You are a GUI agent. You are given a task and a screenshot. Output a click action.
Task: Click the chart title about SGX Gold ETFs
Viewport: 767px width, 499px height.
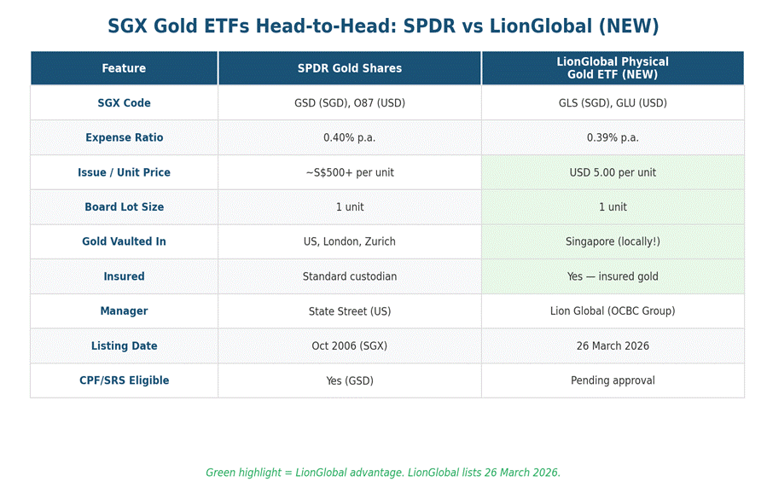[x=383, y=26]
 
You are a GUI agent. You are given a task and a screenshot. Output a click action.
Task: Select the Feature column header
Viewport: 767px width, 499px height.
[x=124, y=68]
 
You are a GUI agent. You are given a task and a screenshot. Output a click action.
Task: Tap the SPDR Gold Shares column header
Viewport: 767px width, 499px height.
[x=349, y=68]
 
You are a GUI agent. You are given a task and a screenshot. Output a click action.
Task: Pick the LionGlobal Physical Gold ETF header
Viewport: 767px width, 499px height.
[x=613, y=68]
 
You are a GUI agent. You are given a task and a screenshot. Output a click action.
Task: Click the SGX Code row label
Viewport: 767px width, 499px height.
[x=124, y=103]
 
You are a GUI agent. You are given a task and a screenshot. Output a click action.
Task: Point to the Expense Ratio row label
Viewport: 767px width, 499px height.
[x=124, y=137]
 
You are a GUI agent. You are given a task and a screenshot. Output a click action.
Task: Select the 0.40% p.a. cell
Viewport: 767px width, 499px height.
[x=349, y=137]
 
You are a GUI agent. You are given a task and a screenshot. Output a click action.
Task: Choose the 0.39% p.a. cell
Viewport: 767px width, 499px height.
[x=613, y=137]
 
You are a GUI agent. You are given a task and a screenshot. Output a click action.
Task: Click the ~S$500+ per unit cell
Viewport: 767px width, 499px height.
[x=349, y=172]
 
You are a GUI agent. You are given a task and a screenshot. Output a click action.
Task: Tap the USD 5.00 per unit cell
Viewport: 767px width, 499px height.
[x=613, y=172]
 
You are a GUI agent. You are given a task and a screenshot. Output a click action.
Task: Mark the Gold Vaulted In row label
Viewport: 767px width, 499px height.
[x=124, y=241]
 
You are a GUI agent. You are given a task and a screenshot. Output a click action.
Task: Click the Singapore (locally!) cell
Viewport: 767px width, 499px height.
[x=613, y=241]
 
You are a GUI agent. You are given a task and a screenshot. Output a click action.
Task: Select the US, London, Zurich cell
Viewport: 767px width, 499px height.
[x=349, y=241]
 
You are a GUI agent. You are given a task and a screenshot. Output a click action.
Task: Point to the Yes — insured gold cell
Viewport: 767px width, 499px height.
[x=613, y=276]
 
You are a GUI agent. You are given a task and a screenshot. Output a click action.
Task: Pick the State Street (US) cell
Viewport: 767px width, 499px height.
[x=349, y=311]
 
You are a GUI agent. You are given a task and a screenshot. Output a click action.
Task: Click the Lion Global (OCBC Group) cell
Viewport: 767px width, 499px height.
[x=613, y=311]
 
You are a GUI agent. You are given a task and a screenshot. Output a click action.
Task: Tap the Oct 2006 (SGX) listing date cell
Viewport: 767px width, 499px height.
[x=349, y=346]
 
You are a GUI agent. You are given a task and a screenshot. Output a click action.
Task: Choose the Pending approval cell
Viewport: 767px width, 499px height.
[x=613, y=380]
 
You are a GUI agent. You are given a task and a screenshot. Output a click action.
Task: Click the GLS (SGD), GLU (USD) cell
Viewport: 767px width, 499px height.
[x=613, y=103]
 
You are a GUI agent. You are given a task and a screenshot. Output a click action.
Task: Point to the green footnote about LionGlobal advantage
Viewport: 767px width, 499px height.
[x=383, y=473]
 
